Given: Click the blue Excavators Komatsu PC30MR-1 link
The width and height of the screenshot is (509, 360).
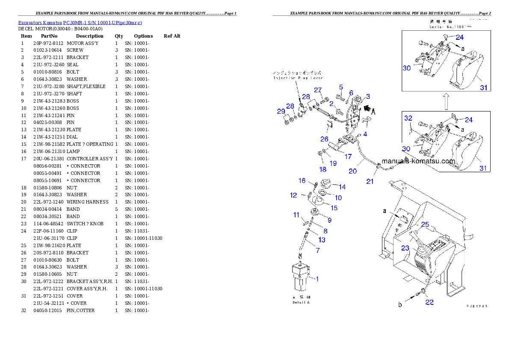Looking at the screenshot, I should point(80,22).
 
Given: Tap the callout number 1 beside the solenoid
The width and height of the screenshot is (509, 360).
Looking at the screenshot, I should point(317,279).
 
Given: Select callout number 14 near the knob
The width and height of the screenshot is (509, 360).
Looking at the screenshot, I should point(342,187).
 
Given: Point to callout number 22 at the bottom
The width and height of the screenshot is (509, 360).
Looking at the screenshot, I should point(429,302).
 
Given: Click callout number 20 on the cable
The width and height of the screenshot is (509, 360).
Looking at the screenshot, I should point(352,171).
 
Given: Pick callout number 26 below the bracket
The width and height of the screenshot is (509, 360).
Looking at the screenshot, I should point(325,139).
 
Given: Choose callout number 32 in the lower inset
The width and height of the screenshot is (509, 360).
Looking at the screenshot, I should point(408,118).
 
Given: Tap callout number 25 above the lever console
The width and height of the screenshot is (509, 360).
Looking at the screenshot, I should point(425,224).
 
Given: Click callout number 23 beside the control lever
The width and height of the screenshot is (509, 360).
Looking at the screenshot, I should point(405,248).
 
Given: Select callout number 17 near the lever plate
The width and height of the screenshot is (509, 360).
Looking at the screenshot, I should point(348,156).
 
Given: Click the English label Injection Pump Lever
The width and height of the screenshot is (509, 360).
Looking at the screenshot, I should point(298,78).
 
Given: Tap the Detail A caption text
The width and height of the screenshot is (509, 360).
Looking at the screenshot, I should point(301,302).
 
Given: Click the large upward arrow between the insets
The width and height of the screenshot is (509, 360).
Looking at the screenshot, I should point(446,101).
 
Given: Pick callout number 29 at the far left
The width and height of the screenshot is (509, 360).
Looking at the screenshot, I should point(281,111).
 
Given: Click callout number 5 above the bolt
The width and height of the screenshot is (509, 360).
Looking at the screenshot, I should point(341,87).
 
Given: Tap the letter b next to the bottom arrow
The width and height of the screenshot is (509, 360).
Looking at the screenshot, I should point(400,305).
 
